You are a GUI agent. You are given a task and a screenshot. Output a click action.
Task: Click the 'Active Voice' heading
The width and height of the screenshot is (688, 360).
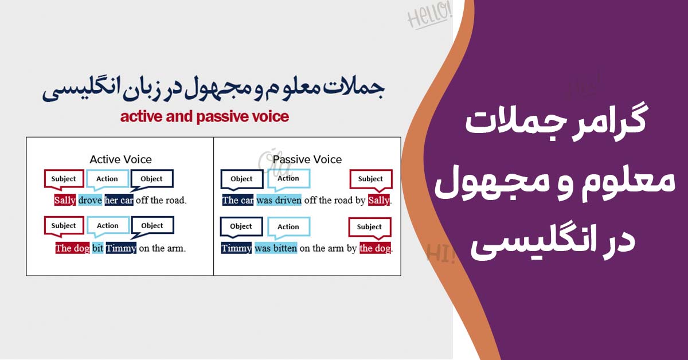pos(121,159)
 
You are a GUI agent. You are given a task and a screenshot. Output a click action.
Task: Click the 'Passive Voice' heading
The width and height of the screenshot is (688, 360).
pos(307,159)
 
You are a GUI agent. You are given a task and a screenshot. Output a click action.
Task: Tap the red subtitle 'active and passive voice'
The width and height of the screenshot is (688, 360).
pos(205,117)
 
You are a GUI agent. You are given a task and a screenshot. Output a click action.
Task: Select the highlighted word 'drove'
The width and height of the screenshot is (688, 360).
pos(90,200)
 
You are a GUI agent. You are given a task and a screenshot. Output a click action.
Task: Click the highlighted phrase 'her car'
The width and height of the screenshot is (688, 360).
pos(119,200)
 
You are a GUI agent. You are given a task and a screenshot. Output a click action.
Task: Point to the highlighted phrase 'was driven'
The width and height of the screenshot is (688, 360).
pos(279,200)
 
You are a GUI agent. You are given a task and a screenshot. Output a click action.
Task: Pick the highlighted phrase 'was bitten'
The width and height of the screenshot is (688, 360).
pos(276,248)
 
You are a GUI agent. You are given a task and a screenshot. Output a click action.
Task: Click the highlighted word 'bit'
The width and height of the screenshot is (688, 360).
pos(97,248)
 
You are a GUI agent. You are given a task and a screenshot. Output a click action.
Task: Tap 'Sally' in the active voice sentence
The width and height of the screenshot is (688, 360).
pos(65,200)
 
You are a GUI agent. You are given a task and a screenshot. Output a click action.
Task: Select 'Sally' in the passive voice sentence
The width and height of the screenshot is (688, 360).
pos(379,200)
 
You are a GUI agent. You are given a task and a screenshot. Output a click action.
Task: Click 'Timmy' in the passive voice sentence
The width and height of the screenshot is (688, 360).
pos(236,248)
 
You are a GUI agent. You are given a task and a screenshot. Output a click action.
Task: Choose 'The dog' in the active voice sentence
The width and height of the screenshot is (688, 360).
pos(72,248)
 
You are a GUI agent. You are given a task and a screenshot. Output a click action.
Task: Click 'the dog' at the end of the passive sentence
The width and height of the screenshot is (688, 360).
pos(376,248)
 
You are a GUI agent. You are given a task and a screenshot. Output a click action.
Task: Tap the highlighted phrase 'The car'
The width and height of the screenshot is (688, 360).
pos(238,200)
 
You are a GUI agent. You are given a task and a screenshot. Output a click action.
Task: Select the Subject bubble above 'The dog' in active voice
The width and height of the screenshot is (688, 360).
pos(64,226)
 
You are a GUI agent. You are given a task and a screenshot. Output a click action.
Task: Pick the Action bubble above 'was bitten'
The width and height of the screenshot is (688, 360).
pos(289,228)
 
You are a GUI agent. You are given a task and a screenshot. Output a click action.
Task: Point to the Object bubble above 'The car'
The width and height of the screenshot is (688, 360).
pos(242,179)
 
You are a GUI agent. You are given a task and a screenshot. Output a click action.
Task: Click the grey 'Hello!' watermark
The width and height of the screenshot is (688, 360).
pos(429,16)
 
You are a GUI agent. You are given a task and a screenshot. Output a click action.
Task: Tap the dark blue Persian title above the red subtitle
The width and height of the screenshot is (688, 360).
pos(213,89)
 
